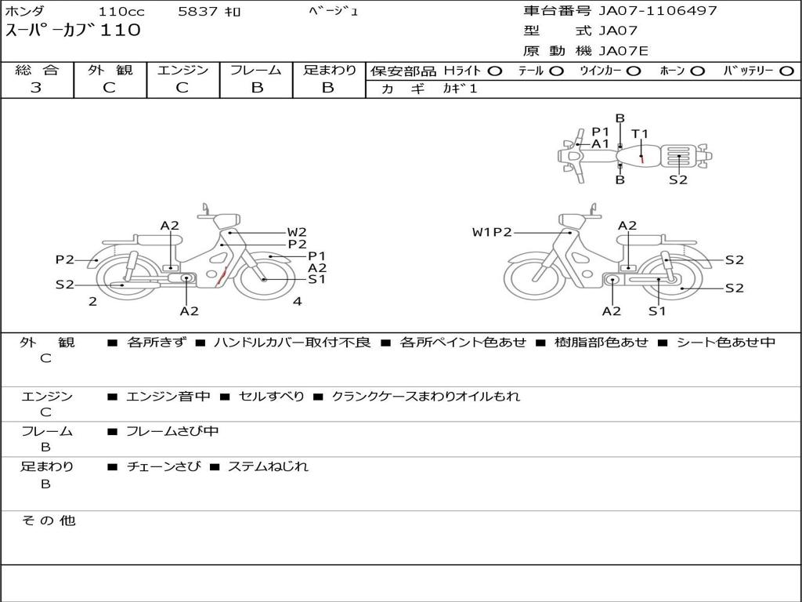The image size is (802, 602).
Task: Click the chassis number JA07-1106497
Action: point(658,11)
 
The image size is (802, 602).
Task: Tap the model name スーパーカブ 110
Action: point(73,31)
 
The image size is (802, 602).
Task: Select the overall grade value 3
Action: point(36,88)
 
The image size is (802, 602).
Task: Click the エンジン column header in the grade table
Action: point(182,70)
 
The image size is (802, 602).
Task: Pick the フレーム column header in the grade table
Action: point(256,70)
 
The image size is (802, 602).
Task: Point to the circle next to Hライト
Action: point(495,71)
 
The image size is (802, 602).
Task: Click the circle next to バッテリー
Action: point(787,71)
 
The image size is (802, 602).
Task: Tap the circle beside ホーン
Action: point(697,71)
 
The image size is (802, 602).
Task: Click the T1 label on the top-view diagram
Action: point(639,134)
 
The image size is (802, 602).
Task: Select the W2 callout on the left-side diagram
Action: point(297,232)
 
